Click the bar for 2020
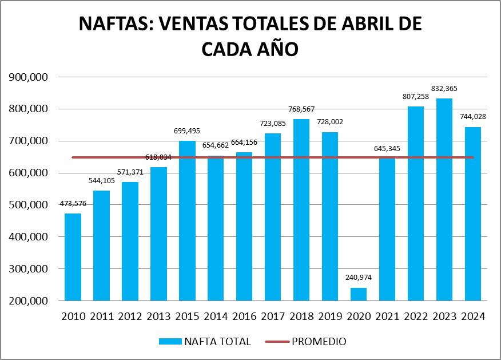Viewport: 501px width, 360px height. pyautogui.click(x=359, y=294)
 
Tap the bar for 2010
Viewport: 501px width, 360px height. pyautogui.click(x=73, y=257)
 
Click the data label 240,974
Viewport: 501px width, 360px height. pyautogui.click(x=359, y=278)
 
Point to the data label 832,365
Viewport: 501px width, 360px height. pyautogui.click(x=444, y=89)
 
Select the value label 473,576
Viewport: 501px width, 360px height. pyautogui.click(x=73, y=204)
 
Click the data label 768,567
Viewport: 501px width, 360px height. pyautogui.click(x=301, y=109)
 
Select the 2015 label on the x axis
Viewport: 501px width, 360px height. pyautogui.click(x=187, y=316)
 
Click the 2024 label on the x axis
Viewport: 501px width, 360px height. pyautogui.click(x=473, y=316)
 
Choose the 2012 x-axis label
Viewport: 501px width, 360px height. pyautogui.click(x=130, y=316)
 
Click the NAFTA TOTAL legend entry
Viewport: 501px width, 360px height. pyautogui.click(x=217, y=342)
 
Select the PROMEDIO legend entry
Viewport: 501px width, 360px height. pyautogui.click(x=319, y=342)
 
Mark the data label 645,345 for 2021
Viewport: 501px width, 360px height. pyautogui.click(x=387, y=149)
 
